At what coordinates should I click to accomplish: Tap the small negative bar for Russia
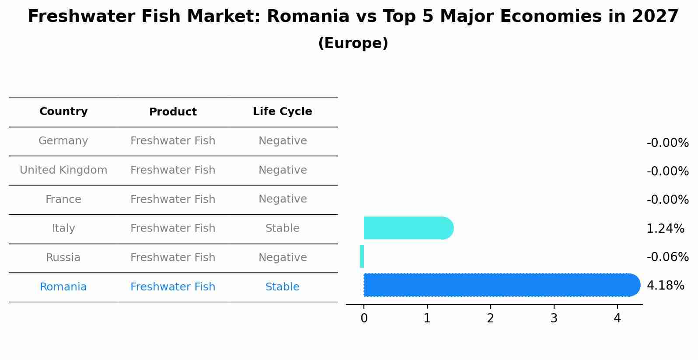click(x=362, y=256)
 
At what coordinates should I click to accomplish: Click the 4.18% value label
click(x=665, y=286)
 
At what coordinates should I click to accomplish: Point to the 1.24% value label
click(x=665, y=228)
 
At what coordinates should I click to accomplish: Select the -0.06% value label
click(x=667, y=257)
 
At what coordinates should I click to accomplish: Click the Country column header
click(x=63, y=112)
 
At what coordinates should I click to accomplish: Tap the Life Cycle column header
click(x=283, y=112)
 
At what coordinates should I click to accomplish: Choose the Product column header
click(x=173, y=112)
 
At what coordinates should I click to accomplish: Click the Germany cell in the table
click(x=63, y=141)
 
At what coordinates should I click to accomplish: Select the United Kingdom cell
click(x=63, y=170)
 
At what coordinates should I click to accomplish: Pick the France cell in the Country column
click(x=63, y=199)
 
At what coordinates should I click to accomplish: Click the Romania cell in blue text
click(x=63, y=287)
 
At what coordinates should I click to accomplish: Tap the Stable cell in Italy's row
click(x=283, y=228)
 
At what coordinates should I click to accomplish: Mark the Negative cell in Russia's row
click(x=283, y=258)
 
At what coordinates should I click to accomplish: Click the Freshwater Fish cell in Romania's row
click(x=173, y=287)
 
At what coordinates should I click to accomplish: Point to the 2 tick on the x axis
click(x=490, y=318)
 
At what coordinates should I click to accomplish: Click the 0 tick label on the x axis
click(x=364, y=318)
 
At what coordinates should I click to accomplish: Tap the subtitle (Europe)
click(x=353, y=43)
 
